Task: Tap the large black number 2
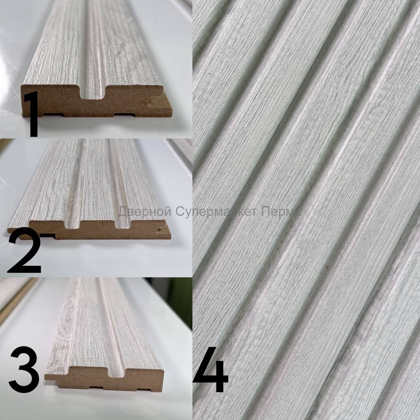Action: pyautogui.click(x=24, y=251)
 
